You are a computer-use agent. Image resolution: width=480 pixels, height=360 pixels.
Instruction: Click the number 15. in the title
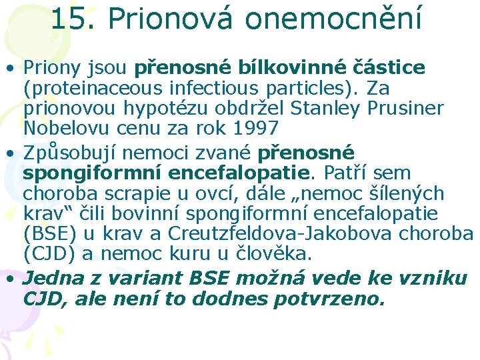73,19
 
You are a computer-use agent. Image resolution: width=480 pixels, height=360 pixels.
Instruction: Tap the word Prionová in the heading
169,19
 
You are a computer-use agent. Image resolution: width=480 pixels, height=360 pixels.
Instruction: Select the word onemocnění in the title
333,19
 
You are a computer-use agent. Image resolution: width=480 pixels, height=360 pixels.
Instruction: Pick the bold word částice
394,68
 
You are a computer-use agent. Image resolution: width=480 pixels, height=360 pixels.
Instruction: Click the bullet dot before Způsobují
12,154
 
